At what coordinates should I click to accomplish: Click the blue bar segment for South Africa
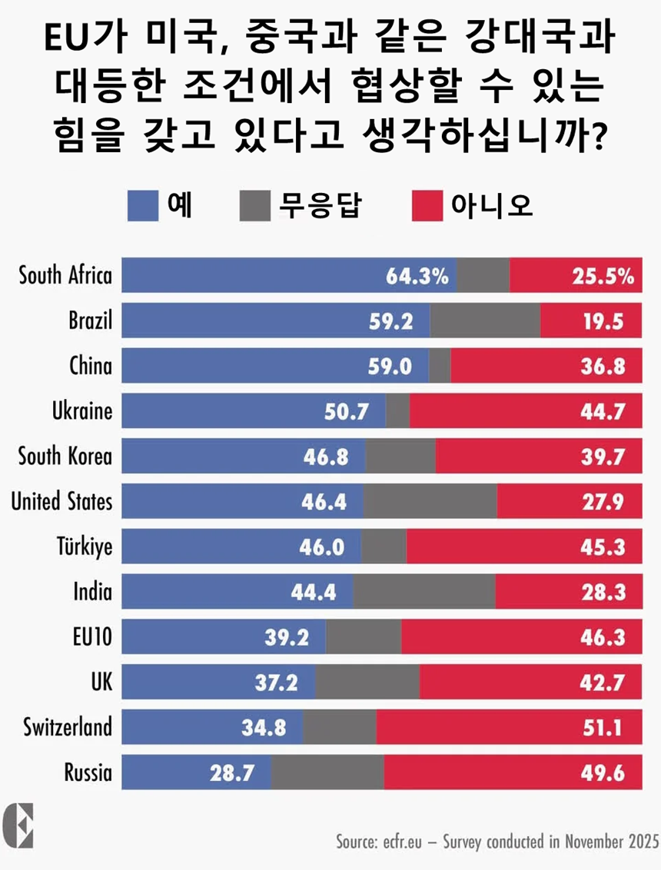tap(254, 275)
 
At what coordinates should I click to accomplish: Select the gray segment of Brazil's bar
tap(485, 320)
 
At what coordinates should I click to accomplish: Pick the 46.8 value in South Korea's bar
tap(325, 456)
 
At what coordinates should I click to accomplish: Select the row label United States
tap(61, 502)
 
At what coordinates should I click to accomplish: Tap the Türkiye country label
tap(84, 547)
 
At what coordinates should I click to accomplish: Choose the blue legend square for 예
tap(143, 206)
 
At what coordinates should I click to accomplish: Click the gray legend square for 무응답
tap(255, 206)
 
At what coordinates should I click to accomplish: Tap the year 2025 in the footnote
tap(642, 841)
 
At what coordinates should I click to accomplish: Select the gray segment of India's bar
tap(424, 592)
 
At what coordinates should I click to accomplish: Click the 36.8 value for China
tap(602, 366)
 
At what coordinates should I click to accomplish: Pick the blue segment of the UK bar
tap(219, 682)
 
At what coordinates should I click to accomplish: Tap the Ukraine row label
tap(82, 411)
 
